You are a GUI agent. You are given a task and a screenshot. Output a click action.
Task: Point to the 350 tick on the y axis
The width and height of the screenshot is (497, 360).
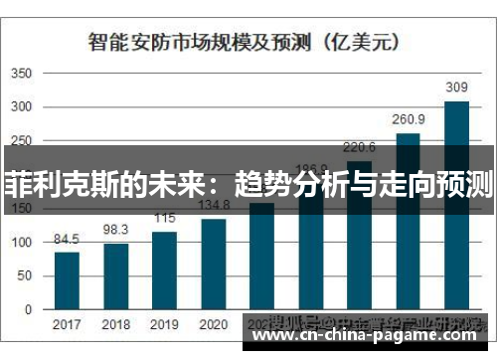coord(22,74)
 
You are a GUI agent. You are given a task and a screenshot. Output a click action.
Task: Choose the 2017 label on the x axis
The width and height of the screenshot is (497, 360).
coord(67,324)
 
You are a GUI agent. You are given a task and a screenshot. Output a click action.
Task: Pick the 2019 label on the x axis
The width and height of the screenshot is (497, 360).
coord(164,324)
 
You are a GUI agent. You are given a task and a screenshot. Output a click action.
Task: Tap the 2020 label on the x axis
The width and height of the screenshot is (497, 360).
coord(213,324)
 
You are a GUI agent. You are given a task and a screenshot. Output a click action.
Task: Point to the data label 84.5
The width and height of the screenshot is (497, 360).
coord(67,239)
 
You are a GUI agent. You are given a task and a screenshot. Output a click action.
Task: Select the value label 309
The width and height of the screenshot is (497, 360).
coord(456,89)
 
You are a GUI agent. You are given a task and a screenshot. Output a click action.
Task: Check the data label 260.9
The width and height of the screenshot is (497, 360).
coord(408,120)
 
